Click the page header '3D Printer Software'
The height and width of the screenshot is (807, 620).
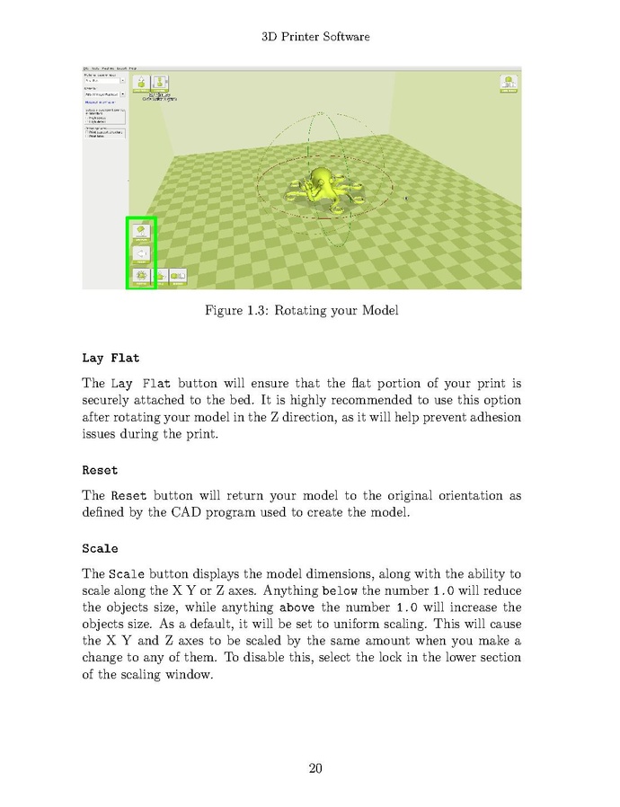(x=315, y=37)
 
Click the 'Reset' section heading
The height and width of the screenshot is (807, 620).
(x=100, y=470)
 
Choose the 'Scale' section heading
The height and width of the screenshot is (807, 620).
(x=100, y=548)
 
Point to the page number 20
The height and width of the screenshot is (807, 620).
(x=315, y=767)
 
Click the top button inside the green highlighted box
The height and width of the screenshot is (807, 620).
(x=141, y=231)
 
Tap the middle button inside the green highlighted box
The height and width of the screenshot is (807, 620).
(x=141, y=254)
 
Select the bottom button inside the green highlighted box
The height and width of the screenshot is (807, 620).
(x=141, y=276)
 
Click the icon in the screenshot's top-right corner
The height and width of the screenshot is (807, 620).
(x=509, y=84)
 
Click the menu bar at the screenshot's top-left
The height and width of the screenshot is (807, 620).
(x=109, y=68)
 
